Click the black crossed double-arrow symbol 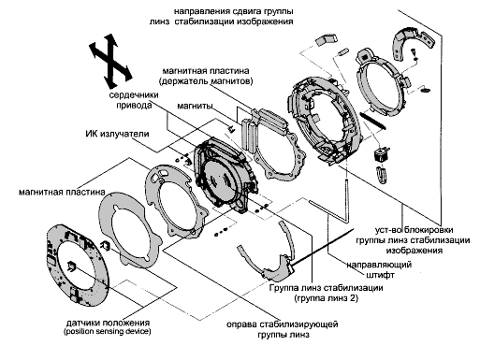point(111,61)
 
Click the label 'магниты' point(195,106)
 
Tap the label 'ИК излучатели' point(117,134)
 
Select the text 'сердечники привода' point(134,100)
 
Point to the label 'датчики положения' point(108,323)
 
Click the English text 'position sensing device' point(108,332)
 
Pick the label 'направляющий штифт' point(379,269)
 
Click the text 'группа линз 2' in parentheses point(327,298)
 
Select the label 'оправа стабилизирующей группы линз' point(283,329)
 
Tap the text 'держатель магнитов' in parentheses point(206,81)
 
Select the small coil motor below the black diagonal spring point(381,154)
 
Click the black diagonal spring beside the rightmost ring point(372,121)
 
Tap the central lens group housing point(224,176)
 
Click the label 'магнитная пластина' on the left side point(62,192)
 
